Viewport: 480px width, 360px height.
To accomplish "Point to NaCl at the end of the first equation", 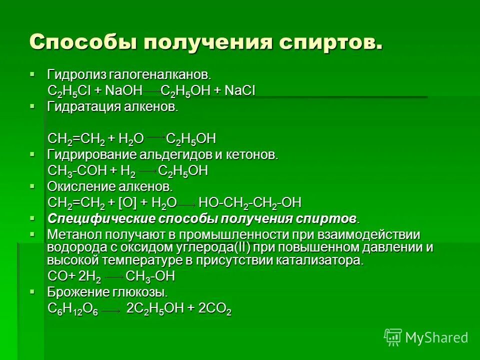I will click(240, 91).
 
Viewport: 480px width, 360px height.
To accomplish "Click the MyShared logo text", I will click(436, 337).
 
